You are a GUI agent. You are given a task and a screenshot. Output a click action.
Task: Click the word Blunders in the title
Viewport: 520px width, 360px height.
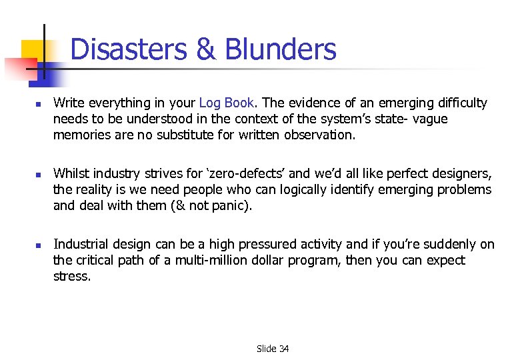[281, 49]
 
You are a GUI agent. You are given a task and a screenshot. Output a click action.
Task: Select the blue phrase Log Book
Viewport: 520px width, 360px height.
[227, 103]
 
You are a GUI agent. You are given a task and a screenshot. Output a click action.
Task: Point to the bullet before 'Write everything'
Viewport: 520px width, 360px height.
[39, 105]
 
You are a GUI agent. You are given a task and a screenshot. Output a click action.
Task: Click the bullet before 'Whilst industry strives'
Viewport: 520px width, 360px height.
[39, 175]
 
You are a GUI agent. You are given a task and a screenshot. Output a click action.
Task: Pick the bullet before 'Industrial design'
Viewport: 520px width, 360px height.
[39, 246]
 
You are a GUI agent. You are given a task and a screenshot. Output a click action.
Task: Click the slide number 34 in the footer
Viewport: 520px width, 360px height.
[283, 349]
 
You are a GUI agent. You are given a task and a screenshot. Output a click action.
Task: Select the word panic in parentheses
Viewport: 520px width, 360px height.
[231, 205]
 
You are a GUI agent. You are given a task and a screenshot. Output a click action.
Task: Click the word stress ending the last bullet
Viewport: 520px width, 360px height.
[72, 276]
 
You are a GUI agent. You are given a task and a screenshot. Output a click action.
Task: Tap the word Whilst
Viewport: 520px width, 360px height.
[71, 173]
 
